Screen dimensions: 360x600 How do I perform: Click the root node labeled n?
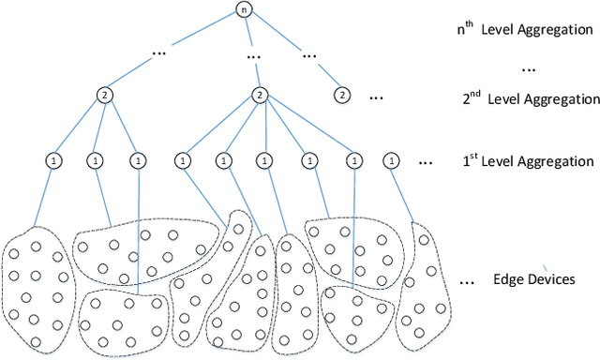tap(244, 11)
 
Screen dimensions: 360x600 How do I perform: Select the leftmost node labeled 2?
tap(105, 95)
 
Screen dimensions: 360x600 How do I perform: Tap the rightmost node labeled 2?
tap(342, 95)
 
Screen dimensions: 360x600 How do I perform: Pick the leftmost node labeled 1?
tap(52, 161)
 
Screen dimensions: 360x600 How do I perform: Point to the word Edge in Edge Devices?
tap(504, 280)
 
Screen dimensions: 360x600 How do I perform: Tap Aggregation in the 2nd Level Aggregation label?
tap(554, 98)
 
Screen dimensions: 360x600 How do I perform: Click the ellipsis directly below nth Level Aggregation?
tap(528, 67)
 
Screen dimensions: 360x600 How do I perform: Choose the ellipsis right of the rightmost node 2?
tap(376, 95)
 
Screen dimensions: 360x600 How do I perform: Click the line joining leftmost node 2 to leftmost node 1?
tap(79, 128)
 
